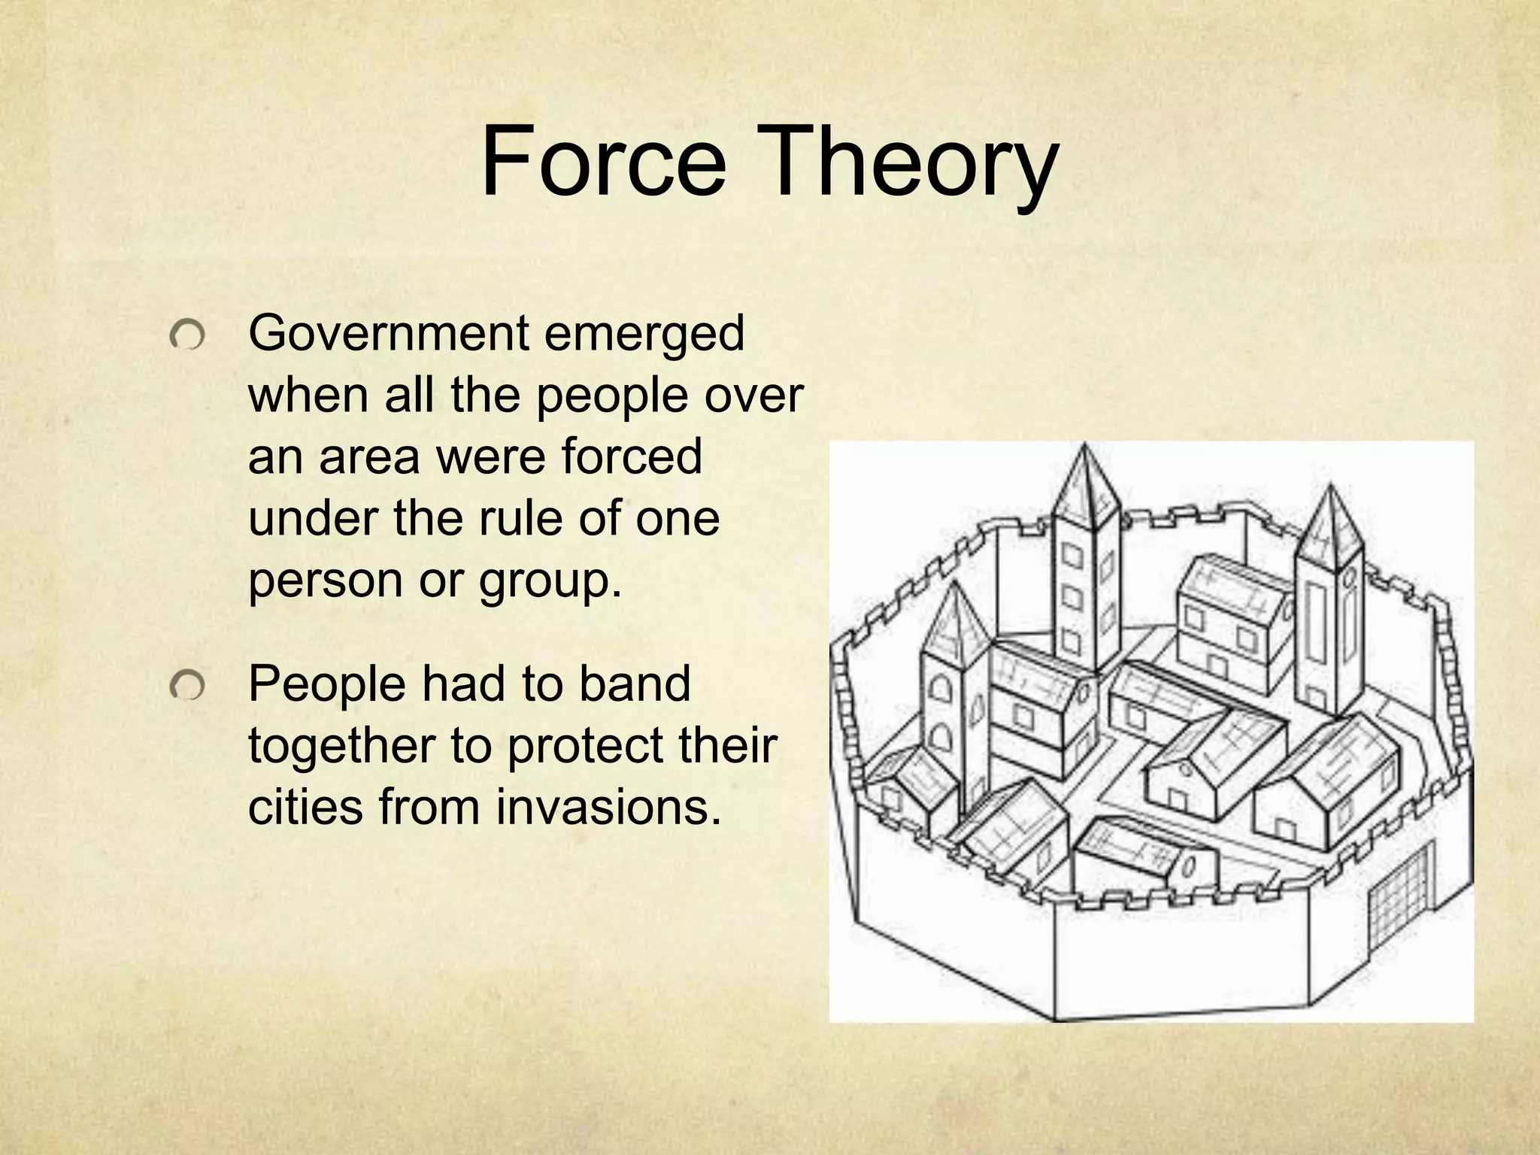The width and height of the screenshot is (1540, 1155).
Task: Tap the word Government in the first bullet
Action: coord(389,333)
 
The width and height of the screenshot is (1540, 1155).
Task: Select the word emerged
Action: coord(644,333)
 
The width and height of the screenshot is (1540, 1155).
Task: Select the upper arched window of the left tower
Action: coord(938,687)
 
